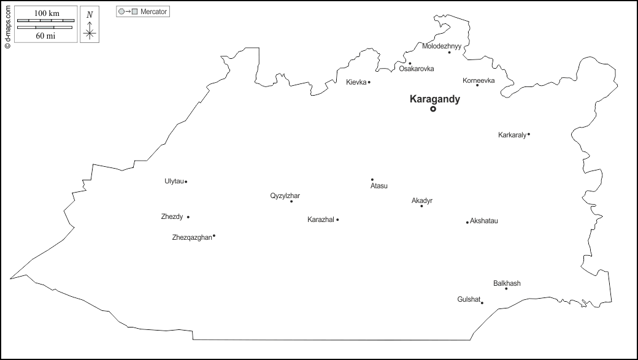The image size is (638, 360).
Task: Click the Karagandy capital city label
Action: (x=434, y=99)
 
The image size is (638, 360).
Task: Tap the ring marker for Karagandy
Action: (x=433, y=109)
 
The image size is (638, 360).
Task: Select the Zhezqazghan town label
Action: (x=191, y=237)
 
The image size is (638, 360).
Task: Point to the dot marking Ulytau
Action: (x=186, y=182)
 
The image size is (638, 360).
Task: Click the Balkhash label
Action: (x=507, y=283)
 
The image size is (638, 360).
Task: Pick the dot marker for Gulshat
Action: (x=482, y=302)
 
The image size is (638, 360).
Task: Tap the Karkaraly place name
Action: (x=512, y=135)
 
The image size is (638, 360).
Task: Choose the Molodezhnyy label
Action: (x=442, y=46)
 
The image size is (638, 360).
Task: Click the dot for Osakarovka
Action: (x=410, y=63)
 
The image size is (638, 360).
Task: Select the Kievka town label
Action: (x=356, y=82)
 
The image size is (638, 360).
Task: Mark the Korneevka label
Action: (x=479, y=80)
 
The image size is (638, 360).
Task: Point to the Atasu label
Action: (x=379, y=186)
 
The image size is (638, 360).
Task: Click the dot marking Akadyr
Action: (x=421, y=206)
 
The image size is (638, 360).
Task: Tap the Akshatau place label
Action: (x=483, y=221)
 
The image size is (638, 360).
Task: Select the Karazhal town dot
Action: (x=337, y=220)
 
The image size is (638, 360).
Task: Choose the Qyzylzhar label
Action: (x=285, y=196)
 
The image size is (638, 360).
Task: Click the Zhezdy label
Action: (x=171, y=216)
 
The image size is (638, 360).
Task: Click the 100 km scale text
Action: (x=46, y=13)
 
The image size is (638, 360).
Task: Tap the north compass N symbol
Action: (x=90, y=14)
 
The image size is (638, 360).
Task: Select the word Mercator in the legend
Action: (x=153, y=12)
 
